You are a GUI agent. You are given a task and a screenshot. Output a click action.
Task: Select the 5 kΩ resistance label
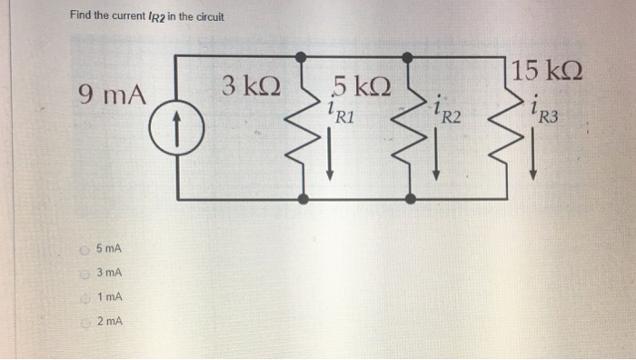tap(362, 88)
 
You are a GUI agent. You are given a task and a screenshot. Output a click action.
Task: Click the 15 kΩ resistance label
tap(547, 70)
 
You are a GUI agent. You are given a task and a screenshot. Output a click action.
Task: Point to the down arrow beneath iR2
tap(437, 163)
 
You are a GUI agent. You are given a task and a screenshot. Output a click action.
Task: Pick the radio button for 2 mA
tap(84, 321)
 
